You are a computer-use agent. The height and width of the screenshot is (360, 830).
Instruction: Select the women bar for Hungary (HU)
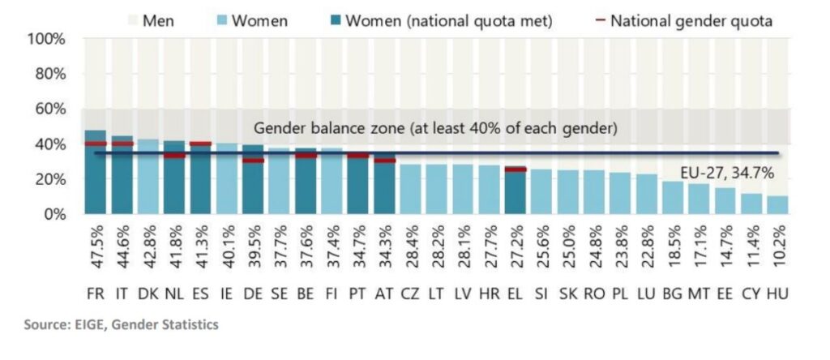click(777, 205)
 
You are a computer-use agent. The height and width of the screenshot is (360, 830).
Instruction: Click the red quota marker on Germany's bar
click(253, 160)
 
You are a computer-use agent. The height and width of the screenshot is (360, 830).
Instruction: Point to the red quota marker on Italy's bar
click(122, 144)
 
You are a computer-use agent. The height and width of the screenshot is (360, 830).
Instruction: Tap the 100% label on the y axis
click(47, 39)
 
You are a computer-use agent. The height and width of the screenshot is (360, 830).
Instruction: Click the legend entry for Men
click(158, 20)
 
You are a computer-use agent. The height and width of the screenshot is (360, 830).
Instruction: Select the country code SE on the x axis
click(279, 292)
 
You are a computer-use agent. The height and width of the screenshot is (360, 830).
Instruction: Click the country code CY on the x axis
click(750, 292)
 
